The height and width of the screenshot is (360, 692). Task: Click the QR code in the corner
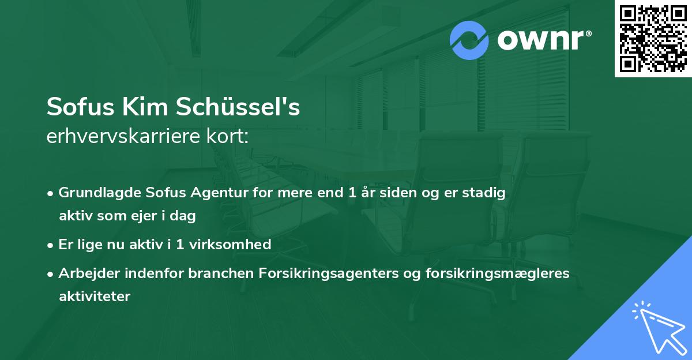click(x=653, y=39)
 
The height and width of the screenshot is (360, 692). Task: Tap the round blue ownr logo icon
click(x=469, y=40)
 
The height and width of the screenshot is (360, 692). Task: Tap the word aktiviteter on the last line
click(x=95, y=297)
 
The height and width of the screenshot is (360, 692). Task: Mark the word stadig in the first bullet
click(x=487, y=193)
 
